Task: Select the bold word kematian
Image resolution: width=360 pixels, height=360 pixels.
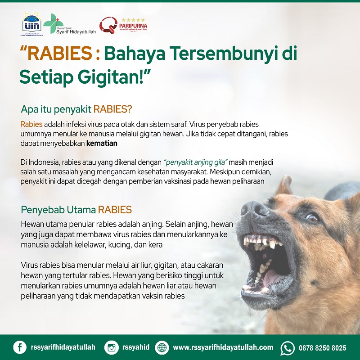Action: click(x=102, y=144)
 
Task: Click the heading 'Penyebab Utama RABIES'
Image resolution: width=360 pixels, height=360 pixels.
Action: click(x=76, y=210)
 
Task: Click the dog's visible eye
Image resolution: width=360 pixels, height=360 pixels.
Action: click(x=311, y=218)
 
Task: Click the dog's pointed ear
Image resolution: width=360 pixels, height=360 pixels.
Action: click(x=285, y=185)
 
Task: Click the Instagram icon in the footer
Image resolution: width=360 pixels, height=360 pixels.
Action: click(x=111, y=347)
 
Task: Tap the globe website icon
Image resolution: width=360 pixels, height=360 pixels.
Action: click(x=162, y=347)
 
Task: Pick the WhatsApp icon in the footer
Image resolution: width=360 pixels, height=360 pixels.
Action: click(x=287, y=347)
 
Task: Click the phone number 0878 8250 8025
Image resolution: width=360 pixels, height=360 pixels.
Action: click(x=322, y=348)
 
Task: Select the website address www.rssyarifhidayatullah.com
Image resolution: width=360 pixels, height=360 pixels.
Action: click(x=223, y=347)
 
